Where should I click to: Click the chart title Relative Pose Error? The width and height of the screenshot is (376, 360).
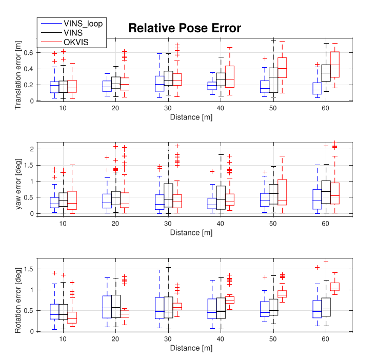coord(184,28)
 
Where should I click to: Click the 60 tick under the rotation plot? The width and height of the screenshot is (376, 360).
coord(325,339)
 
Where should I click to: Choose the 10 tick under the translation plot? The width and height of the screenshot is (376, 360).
coord(63,109)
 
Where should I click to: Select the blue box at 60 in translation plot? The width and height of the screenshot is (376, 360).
coord(316,88)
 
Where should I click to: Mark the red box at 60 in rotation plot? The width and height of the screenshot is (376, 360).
coord(335,287)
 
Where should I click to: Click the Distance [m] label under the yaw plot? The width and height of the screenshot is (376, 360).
coord(191,232)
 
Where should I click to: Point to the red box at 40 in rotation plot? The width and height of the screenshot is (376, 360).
coord(229,299)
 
